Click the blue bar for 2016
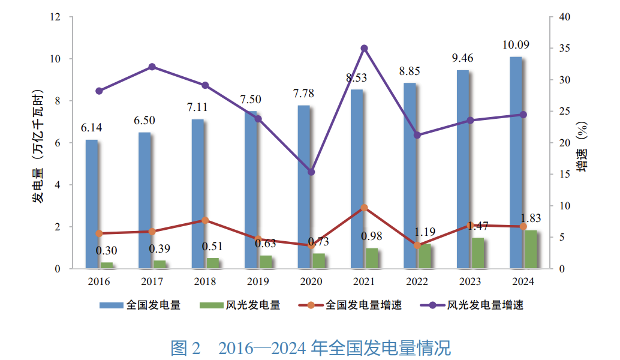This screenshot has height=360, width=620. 91,204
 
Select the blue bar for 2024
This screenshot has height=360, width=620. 516,162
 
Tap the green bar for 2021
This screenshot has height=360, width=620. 372,259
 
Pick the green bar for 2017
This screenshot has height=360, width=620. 159,265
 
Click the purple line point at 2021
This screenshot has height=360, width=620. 364,48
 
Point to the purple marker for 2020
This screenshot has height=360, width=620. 311,172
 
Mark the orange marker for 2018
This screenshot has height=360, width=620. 205,220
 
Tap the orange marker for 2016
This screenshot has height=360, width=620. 100,233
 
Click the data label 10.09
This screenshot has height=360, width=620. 516,45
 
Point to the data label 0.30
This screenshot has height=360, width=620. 107,250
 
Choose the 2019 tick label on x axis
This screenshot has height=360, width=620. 258,281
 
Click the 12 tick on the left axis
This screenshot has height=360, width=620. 56,17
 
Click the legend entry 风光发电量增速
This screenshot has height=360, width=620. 486,305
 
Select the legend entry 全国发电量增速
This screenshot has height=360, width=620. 363,305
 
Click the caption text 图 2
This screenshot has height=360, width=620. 188,347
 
